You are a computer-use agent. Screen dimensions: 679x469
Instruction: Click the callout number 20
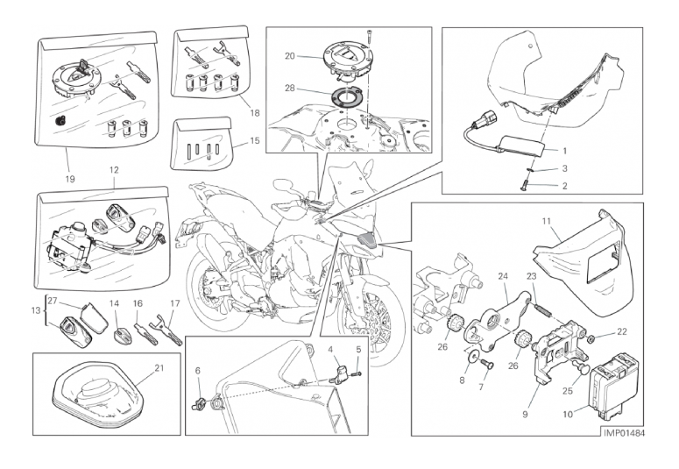click(x=290, y=56)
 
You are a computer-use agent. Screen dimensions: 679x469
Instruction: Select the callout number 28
click(x=290, y=88)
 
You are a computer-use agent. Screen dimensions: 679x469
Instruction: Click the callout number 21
click(x=159, y=367)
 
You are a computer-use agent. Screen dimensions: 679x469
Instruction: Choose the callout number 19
click(x=70, y=179)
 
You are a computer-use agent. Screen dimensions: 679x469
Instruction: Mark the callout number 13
click(x=36, y=310)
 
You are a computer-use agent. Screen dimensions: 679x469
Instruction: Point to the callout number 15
click(x=255, y=141)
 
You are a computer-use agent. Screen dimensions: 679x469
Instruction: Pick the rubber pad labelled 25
click(x=581, y=368)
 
